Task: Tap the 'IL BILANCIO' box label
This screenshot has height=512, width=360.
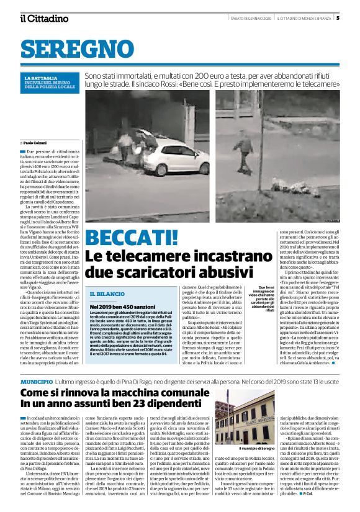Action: click(106, 293)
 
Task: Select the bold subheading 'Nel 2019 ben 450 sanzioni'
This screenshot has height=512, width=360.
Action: click(118, 307)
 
